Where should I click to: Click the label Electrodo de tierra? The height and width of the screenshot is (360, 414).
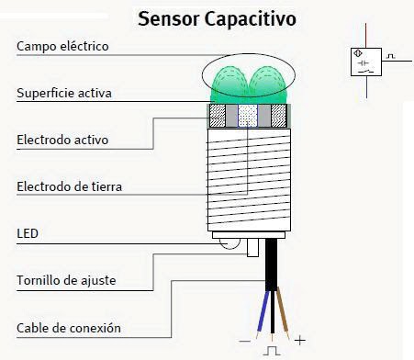point(69,187)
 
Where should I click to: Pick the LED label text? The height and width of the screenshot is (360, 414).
point(28,234)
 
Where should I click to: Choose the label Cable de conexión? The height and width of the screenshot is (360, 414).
point(68,328)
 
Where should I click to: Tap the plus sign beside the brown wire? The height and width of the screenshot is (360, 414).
point(299,340)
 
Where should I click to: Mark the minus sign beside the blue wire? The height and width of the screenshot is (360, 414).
point(245,340)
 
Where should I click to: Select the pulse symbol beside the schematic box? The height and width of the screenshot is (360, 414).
point(392,56)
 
